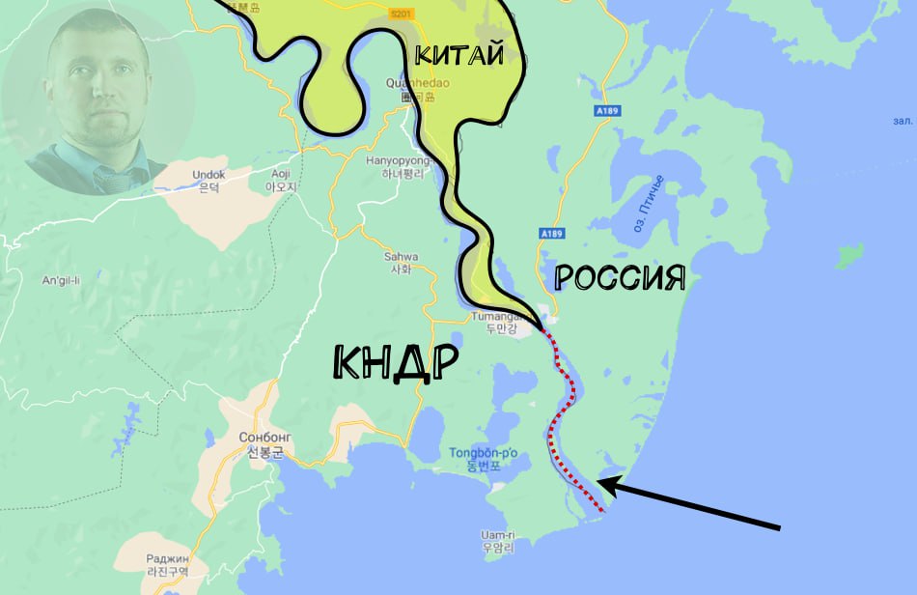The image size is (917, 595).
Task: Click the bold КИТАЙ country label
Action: click(459, 54)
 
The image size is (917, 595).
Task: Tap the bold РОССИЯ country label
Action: click(620, 279)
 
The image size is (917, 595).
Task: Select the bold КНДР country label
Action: click(395, 362)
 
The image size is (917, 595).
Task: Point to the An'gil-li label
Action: click(60, 281)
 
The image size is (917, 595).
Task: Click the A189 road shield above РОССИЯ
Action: click(551, 233)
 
